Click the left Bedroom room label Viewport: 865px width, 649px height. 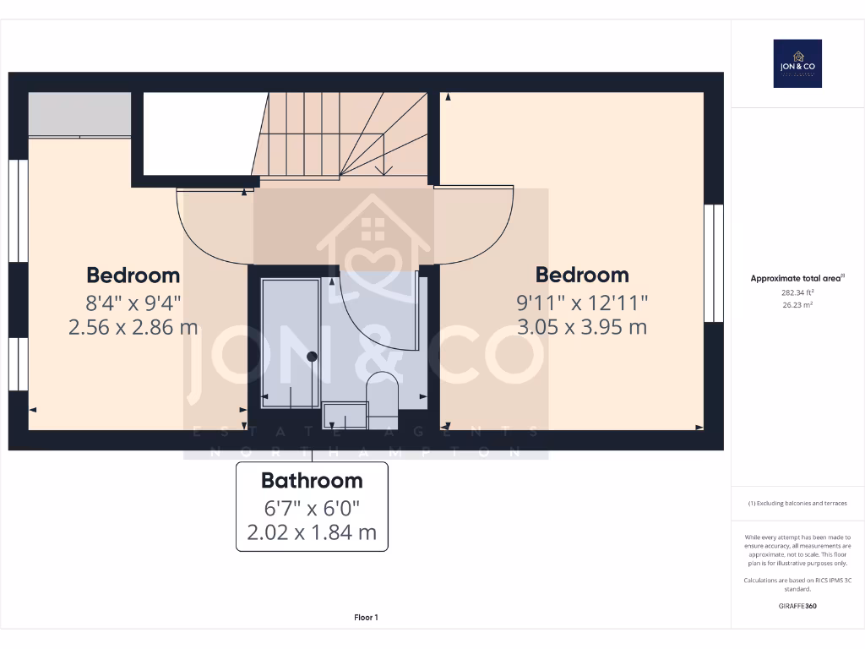click(133, 275)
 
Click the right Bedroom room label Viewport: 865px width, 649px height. click(582, 275)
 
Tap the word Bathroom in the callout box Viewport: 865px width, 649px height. click(312, 481)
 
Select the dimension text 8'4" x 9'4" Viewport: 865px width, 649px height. click(133, 302)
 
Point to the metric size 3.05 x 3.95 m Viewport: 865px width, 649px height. click(582, 327)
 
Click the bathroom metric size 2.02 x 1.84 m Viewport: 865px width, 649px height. click(312, 533)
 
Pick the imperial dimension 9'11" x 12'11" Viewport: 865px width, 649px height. click(582, 302)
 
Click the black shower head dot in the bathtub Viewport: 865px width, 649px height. click(312, 357)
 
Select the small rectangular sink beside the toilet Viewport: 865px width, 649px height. click(346, 415)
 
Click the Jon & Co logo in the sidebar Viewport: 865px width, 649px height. click(797, 63)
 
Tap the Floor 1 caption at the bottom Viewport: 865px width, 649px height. click(366, 618)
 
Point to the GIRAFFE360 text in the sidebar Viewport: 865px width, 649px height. click(797, 606)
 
